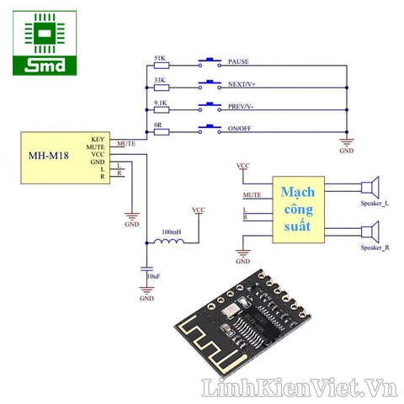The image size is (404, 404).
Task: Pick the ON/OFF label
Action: point(241,130)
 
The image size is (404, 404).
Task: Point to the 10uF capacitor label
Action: point(152,276)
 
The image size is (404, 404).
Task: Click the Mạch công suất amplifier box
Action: point(297,210)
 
